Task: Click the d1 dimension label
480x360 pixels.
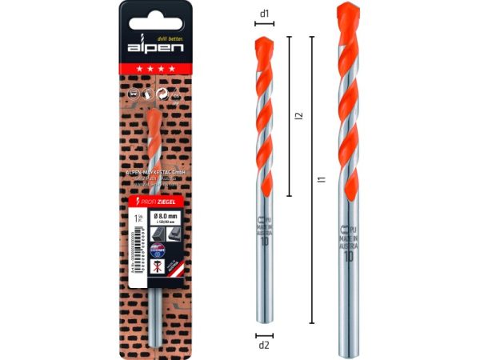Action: (x=265, y=14)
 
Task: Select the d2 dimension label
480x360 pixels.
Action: (x=265, y=346)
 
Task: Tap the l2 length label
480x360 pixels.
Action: (x=298, y=117)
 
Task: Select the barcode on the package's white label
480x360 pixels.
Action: (x=138, y=248)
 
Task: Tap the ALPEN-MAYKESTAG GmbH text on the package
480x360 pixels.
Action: (x=155, y=172)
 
